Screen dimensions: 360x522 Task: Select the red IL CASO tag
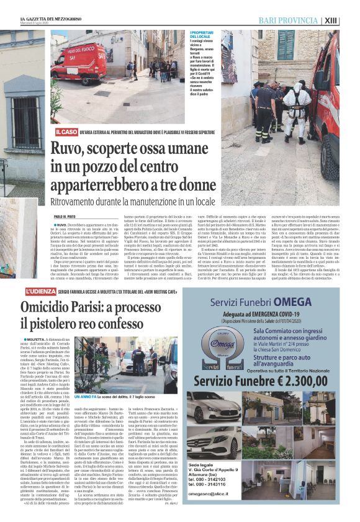(x=65, y=132)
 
